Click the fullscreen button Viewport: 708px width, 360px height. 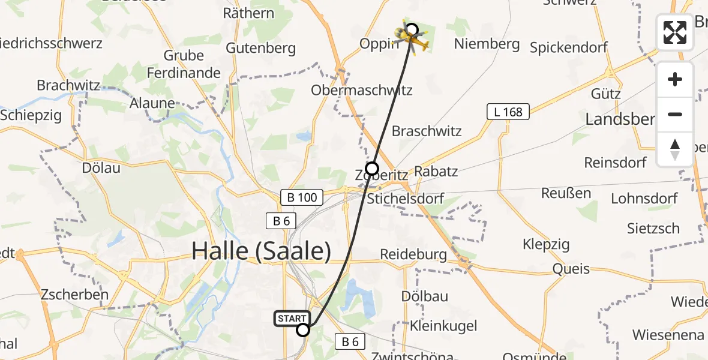(x=675, y=32)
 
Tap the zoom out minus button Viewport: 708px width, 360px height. (x=675, y=114)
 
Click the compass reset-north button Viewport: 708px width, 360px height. (x=675, y=149)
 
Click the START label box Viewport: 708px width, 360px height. (x=292, y=319)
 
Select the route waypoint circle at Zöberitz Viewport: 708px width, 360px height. (x=372, y=169)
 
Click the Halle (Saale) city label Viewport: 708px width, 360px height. (x=261, y=251)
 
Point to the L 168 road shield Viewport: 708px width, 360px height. (x=508, y=111)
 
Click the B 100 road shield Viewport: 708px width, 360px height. (x=302, y=196)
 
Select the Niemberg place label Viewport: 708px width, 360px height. (x=487, y=44)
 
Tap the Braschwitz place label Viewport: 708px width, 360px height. (x=427, y=131)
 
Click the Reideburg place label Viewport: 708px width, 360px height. (x=413, y=254)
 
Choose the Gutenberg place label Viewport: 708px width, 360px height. (x=261, y=47)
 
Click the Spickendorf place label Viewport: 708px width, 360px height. (x=569, y=47)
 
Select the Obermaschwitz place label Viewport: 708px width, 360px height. (x=362, y=91)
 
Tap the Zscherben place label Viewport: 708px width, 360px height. (x=74, y=295)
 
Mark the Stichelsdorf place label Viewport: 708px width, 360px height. (x=406, y=199)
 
